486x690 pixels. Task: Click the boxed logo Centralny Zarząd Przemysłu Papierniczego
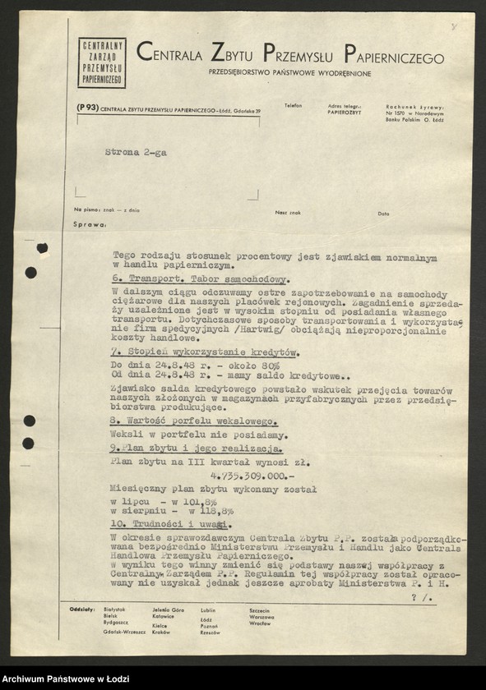pyautogui.click(x=102, y=62)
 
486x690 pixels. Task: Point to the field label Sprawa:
pyautogui.click(x=90, y=223)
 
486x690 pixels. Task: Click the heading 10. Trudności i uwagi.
pyautogui.click(x=168, y=524)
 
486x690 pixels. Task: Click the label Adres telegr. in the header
pyautogui.click(x=344, y=106)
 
